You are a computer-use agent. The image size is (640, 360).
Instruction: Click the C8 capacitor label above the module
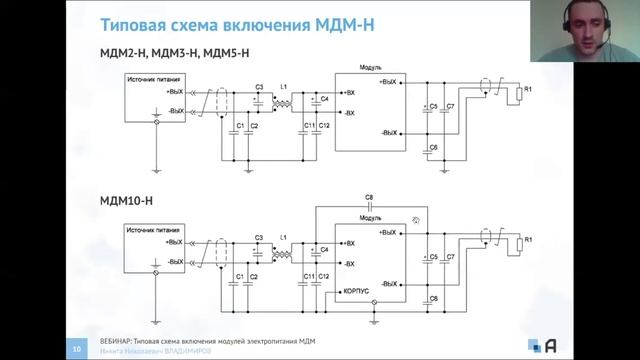pos(369,197)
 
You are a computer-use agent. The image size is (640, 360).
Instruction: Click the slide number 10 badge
pos(77,348)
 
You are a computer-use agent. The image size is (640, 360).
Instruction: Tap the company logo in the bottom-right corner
pos(550,345)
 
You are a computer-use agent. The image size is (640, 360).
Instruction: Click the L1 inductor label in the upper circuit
pos(284,88)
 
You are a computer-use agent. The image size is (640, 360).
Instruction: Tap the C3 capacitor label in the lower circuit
pos(258,238)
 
